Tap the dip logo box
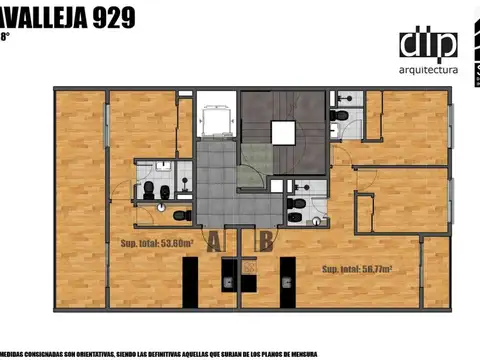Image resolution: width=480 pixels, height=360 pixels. (428, 45)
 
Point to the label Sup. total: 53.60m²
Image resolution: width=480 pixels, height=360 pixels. (156, 243)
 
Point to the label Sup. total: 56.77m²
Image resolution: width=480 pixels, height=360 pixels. (356, 269)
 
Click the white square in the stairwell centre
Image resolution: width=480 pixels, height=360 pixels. (283, 133)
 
